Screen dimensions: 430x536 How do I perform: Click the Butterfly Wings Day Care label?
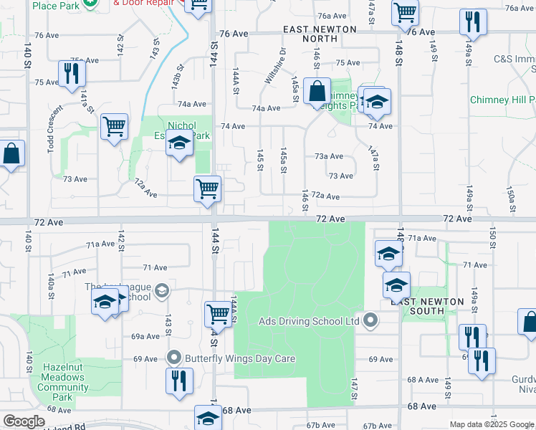pos(240,358)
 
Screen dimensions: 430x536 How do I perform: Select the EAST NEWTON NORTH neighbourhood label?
pos(310,33)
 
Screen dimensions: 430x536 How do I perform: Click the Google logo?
pos(23,422)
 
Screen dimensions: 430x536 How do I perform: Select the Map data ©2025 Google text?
pos(492,424)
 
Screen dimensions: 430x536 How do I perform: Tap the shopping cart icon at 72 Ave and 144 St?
pos(207,190)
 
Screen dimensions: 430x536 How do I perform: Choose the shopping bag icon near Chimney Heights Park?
pos(316,92)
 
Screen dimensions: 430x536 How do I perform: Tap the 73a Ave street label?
pos(329,156)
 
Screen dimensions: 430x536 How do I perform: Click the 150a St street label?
pos(510,196)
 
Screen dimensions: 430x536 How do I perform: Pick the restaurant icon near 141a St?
pos(71,75)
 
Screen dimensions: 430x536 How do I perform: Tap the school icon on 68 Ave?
pos(208,418)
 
